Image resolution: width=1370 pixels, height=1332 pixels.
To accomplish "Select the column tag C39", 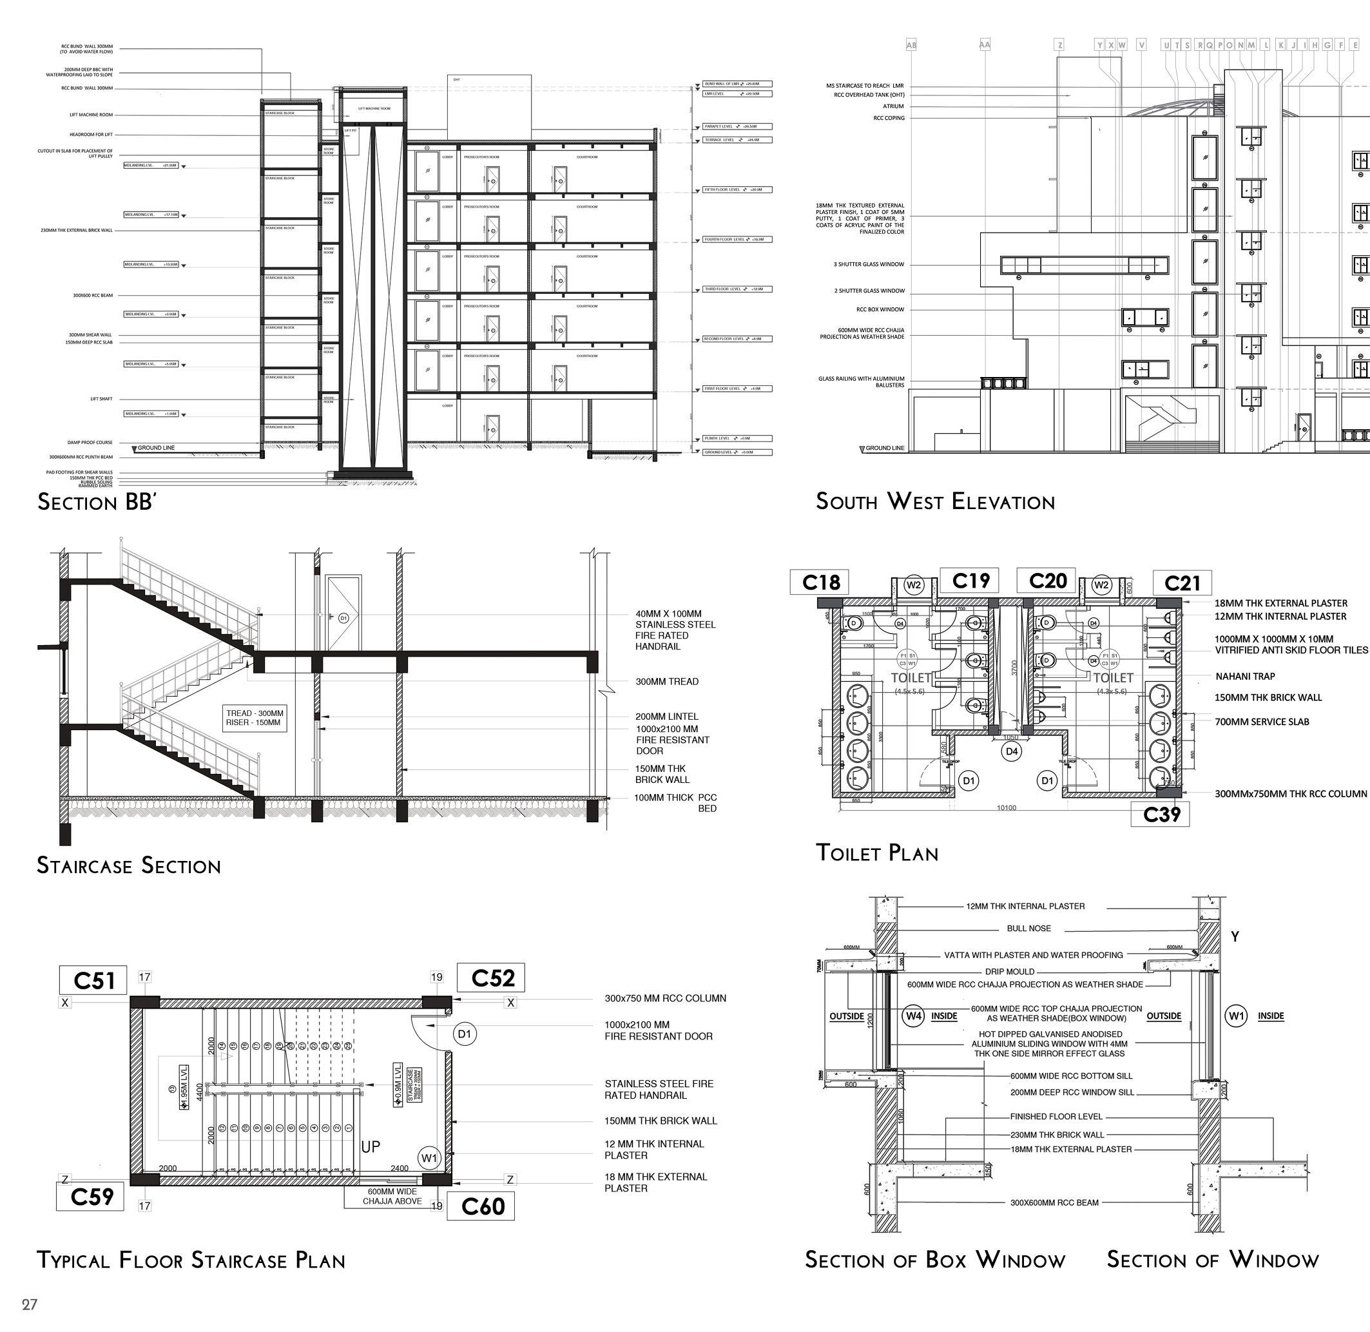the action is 1161,815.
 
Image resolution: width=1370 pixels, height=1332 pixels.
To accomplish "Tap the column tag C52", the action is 492,978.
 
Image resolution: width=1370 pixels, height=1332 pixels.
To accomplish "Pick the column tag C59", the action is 92,1196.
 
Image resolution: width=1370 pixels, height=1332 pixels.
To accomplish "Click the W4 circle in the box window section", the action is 914,1016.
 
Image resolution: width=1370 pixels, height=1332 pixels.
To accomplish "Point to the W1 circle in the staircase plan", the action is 429,1158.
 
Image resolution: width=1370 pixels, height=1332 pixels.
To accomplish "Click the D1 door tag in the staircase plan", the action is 465,1033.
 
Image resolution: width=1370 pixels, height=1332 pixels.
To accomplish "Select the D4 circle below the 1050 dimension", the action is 1011,751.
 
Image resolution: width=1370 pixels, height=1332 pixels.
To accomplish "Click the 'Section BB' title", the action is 96,501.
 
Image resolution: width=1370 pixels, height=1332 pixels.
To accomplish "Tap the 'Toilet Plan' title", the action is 877,853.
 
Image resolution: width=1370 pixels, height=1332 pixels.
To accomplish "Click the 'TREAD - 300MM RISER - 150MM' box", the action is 255,718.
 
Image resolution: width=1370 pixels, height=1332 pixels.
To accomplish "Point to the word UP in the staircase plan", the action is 370,1146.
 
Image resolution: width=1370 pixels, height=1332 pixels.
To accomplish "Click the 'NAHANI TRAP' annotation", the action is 1245,677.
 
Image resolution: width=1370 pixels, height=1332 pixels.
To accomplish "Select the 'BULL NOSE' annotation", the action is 1028,929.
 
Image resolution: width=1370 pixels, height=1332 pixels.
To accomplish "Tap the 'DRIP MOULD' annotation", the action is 1009,972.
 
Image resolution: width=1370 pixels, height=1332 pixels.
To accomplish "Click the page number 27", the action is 30,1304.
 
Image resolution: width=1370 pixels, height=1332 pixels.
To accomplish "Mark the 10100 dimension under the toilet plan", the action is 1006,808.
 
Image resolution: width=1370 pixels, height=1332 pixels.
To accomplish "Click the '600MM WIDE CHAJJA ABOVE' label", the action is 392,1196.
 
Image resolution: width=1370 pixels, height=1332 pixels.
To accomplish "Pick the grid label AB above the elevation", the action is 911,44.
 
